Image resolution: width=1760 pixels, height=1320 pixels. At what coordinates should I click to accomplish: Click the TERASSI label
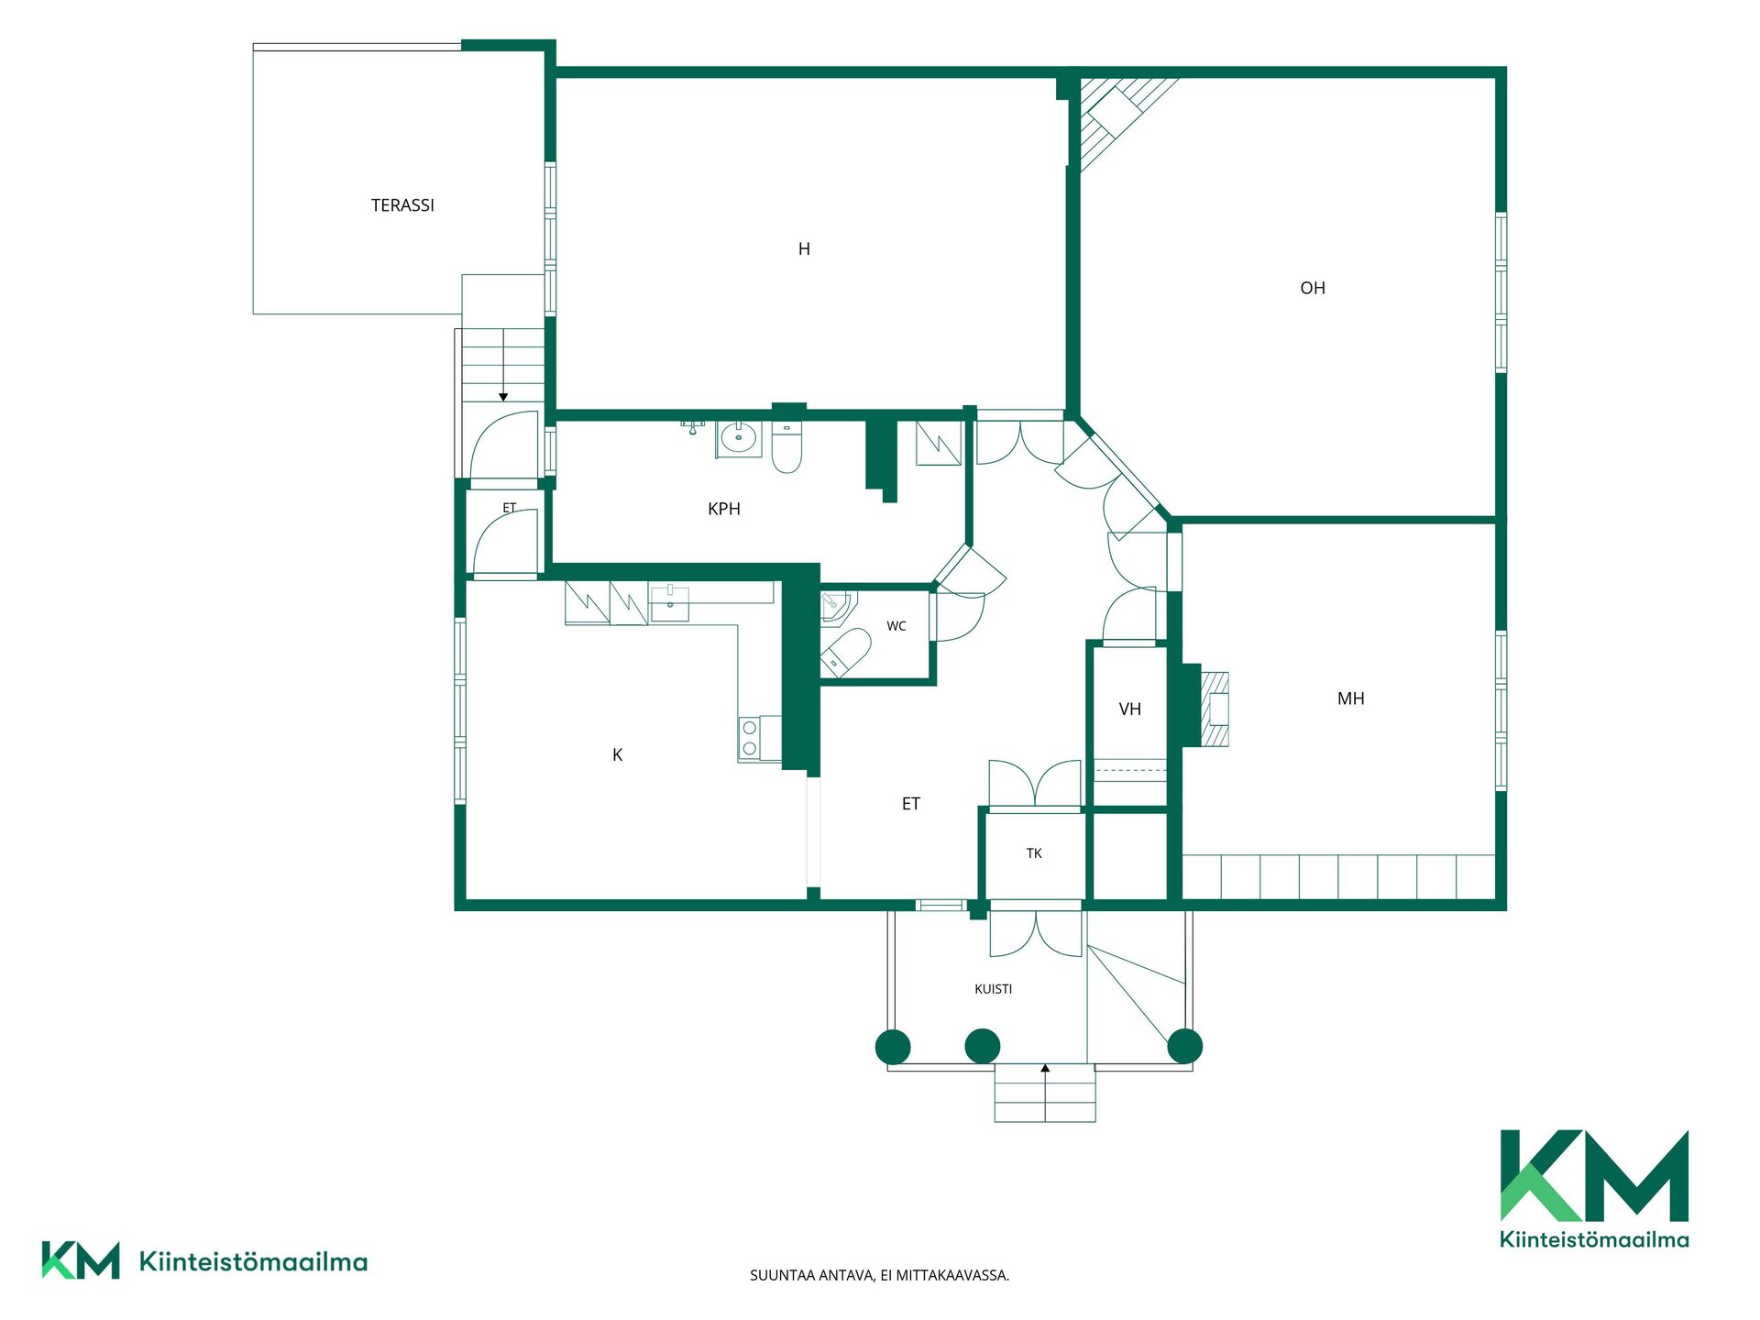coord(402,205)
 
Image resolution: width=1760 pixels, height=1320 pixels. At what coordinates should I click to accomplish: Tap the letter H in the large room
coord(804,249)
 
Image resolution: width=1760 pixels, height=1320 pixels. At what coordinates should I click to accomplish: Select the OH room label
coord(1313,288)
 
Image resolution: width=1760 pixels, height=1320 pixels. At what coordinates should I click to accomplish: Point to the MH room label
coord(1350,698)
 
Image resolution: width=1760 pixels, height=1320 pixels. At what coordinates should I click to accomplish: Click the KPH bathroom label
coord(724,509)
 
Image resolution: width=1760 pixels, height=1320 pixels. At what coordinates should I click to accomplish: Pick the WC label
coord(896,626)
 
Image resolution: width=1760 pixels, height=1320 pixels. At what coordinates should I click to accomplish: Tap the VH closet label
coord(1130,709)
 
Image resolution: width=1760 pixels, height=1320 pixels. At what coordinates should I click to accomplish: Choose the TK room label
coord(1034,853)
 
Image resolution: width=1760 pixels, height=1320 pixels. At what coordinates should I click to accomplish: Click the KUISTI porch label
coord(994,989)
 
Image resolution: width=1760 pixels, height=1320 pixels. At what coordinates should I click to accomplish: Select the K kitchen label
coord(618,754)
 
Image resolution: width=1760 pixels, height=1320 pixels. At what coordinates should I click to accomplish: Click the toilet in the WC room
coord(844,653)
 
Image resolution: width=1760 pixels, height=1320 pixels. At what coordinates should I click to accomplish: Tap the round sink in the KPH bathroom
coord(738,439)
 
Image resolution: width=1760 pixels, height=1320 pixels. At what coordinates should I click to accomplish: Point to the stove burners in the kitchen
coord(750,739)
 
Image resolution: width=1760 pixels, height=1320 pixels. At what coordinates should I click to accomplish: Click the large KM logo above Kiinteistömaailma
coord(1594,1175)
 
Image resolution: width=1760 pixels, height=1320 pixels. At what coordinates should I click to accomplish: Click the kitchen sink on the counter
coord(669,603)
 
